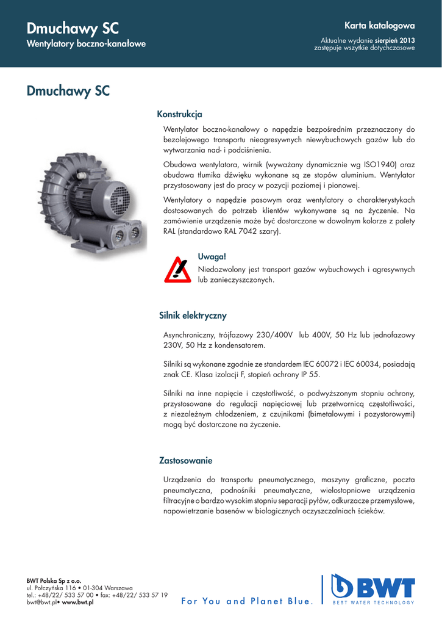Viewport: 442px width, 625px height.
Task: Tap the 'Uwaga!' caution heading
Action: coord(212,256)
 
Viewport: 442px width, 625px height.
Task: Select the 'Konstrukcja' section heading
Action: coord(179,114)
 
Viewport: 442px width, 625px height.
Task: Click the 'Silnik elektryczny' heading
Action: coord(193,316)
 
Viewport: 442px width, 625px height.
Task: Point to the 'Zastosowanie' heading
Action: coord(186,460)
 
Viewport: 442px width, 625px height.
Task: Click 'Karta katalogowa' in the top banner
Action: coord(379,26)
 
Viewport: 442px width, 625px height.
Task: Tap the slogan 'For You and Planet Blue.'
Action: coord(248,601)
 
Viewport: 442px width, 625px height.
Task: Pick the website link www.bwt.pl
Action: coord(77,602)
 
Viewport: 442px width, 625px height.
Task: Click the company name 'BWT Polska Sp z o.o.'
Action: coord(54,582)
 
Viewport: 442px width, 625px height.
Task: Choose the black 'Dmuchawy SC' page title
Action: coord(68,92)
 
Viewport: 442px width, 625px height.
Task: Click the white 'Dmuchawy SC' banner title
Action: coord(73,28)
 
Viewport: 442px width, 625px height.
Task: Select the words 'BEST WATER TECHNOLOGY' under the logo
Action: coord(372,603)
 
